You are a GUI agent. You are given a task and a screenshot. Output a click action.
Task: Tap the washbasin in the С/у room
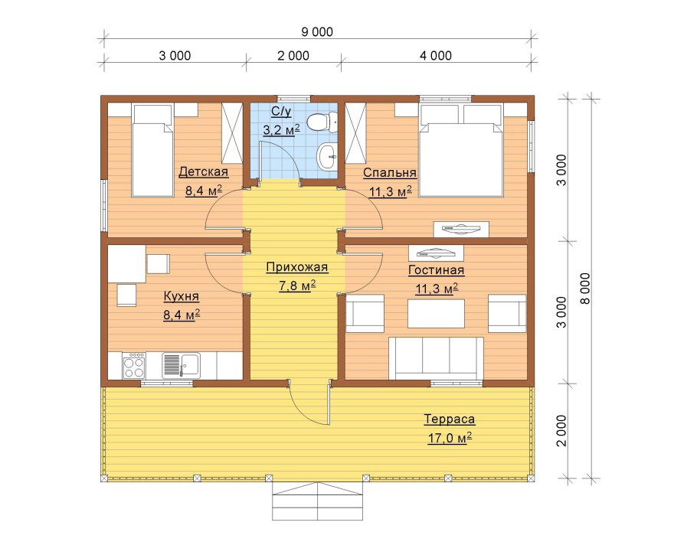[327, 156]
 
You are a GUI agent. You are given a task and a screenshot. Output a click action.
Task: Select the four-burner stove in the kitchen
[134, 366]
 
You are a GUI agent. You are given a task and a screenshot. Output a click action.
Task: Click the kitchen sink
[181, 365]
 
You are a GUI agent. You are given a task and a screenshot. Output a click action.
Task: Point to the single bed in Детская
[152, 151]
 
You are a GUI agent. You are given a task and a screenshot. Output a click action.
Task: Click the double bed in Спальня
[461, 150]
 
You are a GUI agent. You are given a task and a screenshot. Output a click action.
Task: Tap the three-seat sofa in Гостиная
[436, 358]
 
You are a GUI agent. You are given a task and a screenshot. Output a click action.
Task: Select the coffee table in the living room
[436, 314]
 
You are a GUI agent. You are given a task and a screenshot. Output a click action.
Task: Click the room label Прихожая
[297, 267]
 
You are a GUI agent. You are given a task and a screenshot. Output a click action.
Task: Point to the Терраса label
[450, 419]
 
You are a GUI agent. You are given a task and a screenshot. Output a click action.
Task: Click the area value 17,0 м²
[450, 438]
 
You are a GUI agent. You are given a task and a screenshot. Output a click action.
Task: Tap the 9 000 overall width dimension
[317, 32]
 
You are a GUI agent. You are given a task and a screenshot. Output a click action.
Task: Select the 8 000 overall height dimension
[586, 289]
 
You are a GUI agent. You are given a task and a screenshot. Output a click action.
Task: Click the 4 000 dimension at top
[436, 56]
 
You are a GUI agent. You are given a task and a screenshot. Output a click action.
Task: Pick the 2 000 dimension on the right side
[562, 431]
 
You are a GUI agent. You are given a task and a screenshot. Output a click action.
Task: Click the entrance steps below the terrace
[317, 501]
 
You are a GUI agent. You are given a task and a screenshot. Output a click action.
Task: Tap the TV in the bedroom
[461, 229]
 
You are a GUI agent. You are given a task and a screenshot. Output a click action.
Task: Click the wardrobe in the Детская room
[232, 133]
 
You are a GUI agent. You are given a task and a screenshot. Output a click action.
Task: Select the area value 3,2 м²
[281, 129]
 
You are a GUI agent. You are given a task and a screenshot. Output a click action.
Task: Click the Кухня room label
[182, 296]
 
